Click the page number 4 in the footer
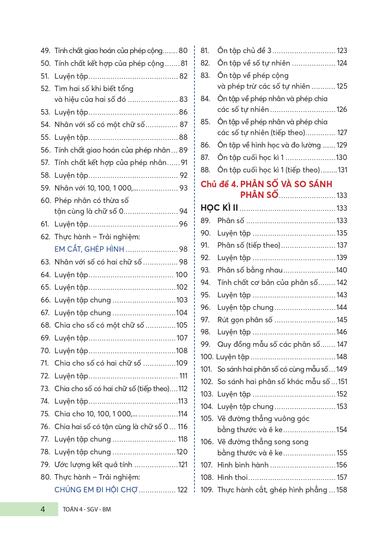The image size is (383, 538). pos(43,509)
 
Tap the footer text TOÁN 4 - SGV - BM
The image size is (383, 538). pos(87,509)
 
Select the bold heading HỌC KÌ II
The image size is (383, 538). pos(219,208)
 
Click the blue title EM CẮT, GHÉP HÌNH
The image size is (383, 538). pos(89,249)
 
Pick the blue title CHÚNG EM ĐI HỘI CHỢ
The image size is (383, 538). pos(96,490)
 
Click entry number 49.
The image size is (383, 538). pos(45,51)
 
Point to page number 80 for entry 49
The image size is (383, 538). pos(183,51)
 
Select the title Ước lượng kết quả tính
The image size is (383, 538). pos(93,465)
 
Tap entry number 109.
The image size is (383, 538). pos(207,490)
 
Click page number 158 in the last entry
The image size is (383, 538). pos(342,490)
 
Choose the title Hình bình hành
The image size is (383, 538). pos(243,465)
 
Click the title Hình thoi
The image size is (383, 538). pos(232,478)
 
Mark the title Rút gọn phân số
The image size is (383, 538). pos(245,320)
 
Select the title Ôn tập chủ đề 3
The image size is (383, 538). pos(244,51)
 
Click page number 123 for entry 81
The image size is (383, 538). pos(342,51)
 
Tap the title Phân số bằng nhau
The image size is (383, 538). pos(250,270)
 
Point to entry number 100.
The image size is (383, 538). pos(207,357)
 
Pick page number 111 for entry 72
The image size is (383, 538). pos(183,376)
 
